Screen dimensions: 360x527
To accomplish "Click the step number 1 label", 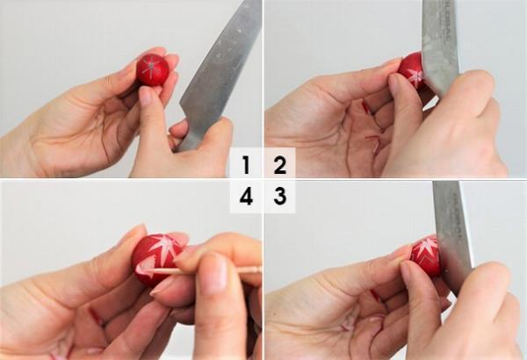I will coord(246,164).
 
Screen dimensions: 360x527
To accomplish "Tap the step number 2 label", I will coord(280,164).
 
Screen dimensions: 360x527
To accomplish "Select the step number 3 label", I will coord(280,197).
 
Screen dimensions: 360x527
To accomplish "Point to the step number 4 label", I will coord(246,197).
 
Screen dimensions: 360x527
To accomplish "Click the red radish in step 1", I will coord(153,69).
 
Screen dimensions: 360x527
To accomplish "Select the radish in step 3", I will coord(425,255).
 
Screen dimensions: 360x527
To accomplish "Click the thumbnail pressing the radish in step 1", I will coord(146,96).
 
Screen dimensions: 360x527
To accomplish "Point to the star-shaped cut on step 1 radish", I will coord(153,68).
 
